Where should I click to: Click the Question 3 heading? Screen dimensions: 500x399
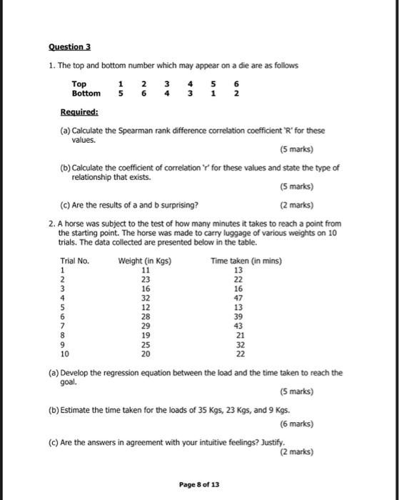(x=70, y=47)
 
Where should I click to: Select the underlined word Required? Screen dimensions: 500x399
(x=79, y=112)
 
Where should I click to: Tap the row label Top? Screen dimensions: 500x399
(x=79, y=84)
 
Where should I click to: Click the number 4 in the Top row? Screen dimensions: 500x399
(x=189, y=84)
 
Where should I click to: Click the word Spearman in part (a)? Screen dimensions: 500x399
(x=145, y=131)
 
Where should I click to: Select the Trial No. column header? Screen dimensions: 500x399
(x=75, y=261)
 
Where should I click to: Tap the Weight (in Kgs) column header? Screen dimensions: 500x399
(x=145, y=261)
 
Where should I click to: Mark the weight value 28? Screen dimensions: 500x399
(x=145, y=316)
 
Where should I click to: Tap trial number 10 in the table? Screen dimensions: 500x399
(x=65, y=353)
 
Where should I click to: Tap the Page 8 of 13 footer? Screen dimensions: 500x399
(x=199, y=484)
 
